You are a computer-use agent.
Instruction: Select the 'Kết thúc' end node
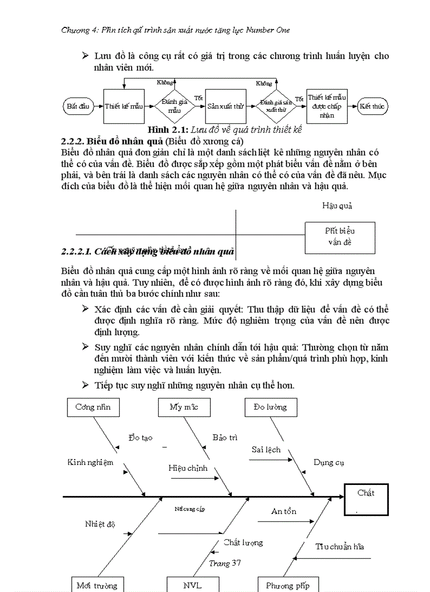point(372,106)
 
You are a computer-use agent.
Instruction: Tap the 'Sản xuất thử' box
point(226,106)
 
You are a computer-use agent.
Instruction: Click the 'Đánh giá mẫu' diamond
point(174,106)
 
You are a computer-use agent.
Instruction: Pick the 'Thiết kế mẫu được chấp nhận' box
point(327,106)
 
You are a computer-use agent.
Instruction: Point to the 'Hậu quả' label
point(337,206)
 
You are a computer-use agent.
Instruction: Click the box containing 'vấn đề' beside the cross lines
point(340,237)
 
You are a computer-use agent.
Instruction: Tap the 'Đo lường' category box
point(270,407)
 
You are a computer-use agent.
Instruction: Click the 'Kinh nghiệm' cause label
point(90,462)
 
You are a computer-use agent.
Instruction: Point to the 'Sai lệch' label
point(266,450)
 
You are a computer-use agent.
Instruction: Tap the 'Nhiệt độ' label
point(100,524)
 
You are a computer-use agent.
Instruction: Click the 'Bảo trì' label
point(225,438)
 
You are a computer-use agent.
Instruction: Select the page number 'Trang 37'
point(225,563)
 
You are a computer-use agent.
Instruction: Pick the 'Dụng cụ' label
point(329,462)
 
